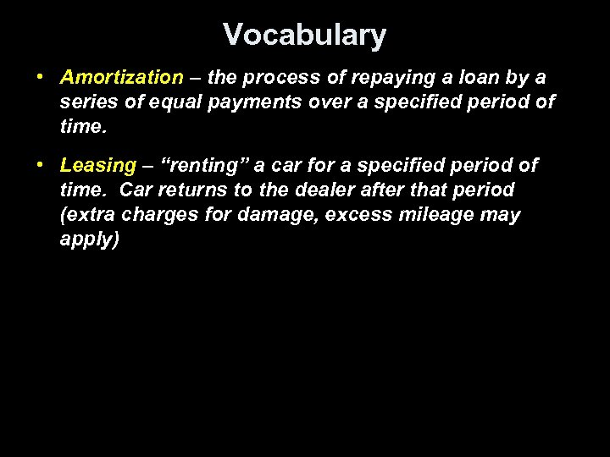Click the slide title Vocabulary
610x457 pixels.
click(304, 35)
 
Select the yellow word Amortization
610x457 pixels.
click(121, 78)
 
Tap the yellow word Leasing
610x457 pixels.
click(98, 165)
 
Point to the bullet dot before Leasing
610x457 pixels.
click(41, 164)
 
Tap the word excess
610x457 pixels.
click(361, 215)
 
